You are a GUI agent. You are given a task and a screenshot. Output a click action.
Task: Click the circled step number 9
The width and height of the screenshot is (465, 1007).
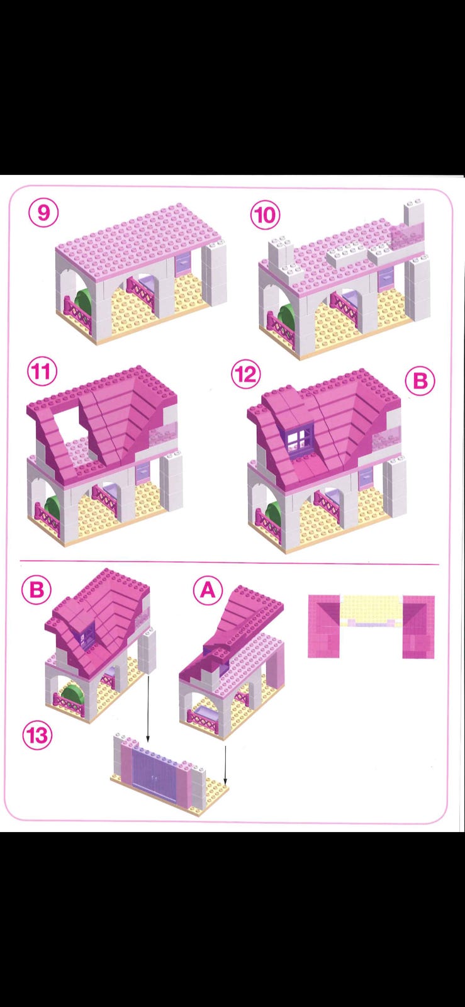(43, 213)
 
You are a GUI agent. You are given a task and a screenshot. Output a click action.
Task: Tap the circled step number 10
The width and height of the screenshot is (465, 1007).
(265, 215)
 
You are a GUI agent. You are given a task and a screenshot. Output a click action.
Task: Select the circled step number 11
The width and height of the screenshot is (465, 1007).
(42, 371)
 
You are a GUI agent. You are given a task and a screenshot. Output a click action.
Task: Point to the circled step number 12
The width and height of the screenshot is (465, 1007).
(246, 374)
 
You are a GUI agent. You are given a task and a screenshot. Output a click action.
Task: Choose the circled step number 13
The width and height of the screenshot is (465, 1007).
(37, 736)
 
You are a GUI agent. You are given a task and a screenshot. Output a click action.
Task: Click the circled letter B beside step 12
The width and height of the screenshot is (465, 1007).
(420, 381)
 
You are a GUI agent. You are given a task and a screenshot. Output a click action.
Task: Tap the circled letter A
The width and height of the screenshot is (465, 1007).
(208, 590)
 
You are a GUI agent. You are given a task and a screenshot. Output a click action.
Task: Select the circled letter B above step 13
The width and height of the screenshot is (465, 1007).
(36, 589)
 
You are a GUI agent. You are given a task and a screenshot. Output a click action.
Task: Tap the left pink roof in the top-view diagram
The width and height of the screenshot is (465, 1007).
(324, 626)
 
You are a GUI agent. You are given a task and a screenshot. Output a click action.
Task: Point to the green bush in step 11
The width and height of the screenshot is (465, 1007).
(55, 507)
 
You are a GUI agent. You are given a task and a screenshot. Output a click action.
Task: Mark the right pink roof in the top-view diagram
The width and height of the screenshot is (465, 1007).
(418, 627)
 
